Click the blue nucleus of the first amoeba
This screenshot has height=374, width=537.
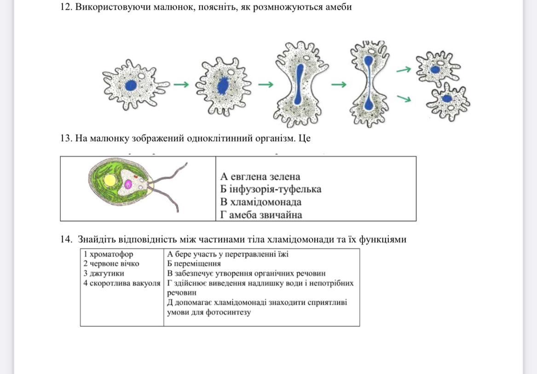coord(131,85)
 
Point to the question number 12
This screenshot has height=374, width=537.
coord(67,7)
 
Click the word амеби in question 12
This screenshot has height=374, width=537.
coord(339,7)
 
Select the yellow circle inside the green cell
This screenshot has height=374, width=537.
coord(110,181)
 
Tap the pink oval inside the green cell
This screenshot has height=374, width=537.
coord(128,184)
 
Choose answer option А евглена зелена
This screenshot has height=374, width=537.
coord(260,176)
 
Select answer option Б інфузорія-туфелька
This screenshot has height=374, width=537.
coord(271,189)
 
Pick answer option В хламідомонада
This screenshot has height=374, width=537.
coord(261,202)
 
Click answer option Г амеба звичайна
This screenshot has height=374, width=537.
coord(261,215)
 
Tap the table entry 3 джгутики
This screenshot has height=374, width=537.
coord(104,273)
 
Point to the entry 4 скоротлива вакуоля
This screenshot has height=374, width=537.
coord(121,283)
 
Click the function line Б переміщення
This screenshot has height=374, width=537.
coord(194,264)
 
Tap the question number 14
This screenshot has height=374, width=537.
coord(66,240)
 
